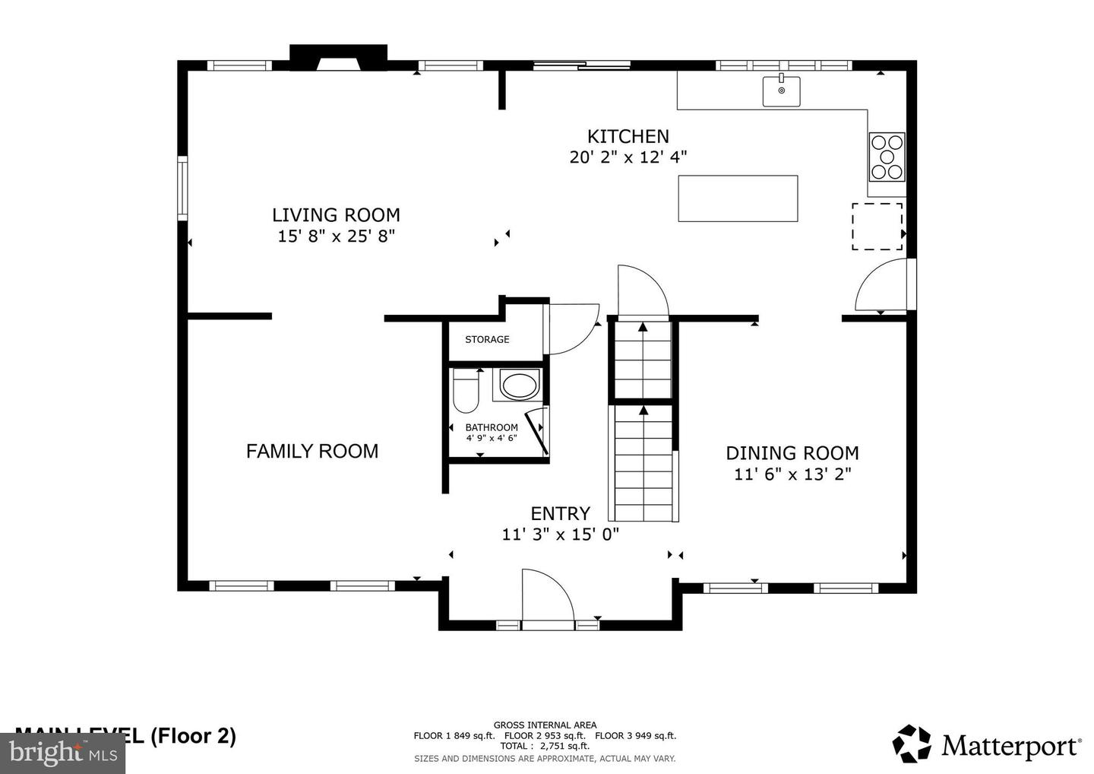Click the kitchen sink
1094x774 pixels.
click(781, 91)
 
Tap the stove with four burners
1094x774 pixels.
click(887, 157)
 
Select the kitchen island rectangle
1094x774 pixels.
click(738, 198)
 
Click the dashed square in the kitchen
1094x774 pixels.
click(877, 227)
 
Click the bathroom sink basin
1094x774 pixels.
click(519, 385)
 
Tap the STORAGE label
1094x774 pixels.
click(487, 340)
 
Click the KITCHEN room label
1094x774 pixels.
click(628, 137)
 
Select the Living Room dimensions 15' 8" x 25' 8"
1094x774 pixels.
click(336, 236)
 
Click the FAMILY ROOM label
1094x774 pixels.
click(311, 452)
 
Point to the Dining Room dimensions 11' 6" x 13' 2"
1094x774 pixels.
click(792, 474)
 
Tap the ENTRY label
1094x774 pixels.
click(560, 513)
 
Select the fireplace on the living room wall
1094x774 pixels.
click(338, 58)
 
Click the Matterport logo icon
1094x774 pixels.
click(912, 744)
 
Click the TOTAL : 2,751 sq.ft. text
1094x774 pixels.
click(544, 746)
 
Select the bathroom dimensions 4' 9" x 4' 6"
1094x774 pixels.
click(491, 438)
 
